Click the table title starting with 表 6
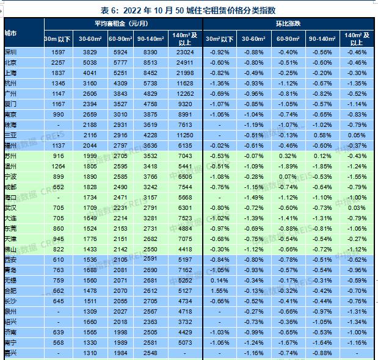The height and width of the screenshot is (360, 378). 187,10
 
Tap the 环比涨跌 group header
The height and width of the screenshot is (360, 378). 289,23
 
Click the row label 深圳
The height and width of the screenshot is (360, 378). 11,52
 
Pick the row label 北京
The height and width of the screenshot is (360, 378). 11,62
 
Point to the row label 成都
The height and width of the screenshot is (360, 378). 11,187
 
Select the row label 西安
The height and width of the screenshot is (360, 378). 11,259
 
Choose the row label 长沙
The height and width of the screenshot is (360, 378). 11,300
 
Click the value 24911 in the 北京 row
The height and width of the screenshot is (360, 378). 184,62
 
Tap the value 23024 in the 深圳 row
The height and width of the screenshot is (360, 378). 184,52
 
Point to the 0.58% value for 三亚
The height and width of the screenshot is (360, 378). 324,135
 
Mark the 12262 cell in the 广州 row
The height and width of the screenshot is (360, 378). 184,93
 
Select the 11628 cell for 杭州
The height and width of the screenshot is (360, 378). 184,83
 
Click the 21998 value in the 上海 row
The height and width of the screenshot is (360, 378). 184,73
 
